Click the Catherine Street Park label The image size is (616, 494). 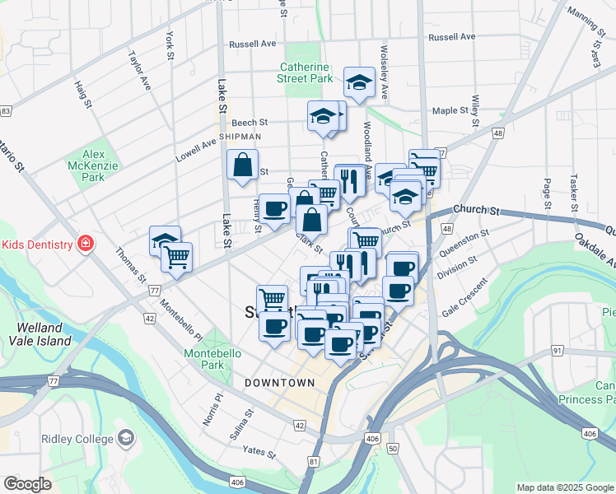(x=306, y=72)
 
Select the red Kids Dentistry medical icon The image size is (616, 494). (x=83, y=244)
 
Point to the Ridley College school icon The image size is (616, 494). (x=126, y=438)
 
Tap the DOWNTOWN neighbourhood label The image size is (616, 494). (x=280, y=383)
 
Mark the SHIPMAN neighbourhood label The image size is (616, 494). (x=240, y=137)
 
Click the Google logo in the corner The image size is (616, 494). (x=27, y=483)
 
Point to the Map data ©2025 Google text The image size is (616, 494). (x=564, y=487)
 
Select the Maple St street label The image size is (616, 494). (x=450, y=110)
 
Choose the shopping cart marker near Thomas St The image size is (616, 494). (x=177, y=256)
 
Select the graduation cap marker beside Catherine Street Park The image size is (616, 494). (x=358, y=82)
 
